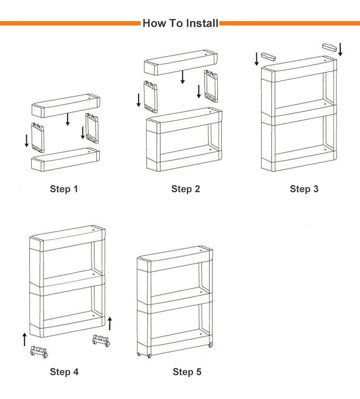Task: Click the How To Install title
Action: click(180, 23)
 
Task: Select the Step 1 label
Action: click(63, 189)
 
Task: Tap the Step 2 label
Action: click(185, 189)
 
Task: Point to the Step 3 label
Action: click(304, 189)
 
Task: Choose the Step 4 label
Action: click(64, 372)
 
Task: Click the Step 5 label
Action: click(187, 372)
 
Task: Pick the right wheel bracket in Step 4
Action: click(102, 341)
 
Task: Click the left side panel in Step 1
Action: click(37, 137)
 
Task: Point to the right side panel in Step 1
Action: click(92, 128)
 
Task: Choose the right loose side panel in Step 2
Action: click(212, 85)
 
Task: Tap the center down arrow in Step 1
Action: click(68, 119)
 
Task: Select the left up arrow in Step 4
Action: click(24, 339)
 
